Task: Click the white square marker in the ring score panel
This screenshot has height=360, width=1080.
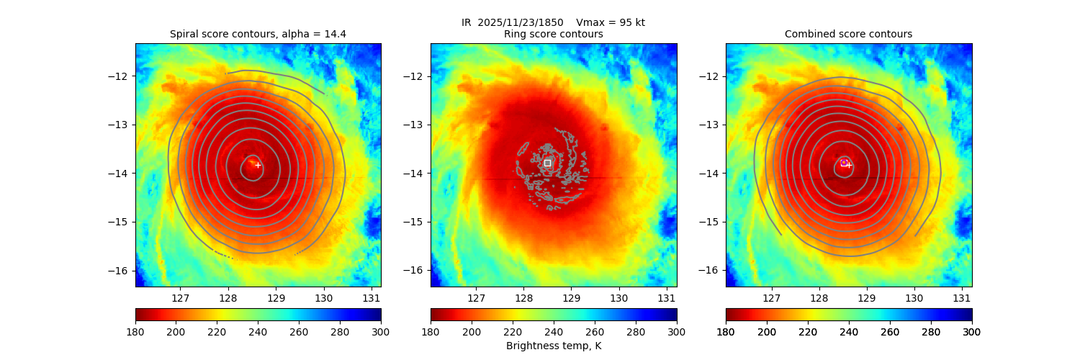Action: [x=547, y=163]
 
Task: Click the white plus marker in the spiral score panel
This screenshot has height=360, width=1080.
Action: [x=258, y=165]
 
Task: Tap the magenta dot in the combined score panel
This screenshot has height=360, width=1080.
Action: [x=844, y=162]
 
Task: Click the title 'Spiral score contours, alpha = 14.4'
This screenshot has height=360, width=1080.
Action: [x=258, y=34]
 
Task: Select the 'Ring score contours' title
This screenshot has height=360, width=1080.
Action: [x=553, y=34]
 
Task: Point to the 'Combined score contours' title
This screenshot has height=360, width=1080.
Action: [x=848, y=34]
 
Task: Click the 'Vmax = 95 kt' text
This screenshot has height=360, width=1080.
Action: [x=611, y=22]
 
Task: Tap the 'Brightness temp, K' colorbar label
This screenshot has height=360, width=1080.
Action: [x=553, y=346]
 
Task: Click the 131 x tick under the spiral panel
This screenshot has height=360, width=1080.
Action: [x=372, y=297]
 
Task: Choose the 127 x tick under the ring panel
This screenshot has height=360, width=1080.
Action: [x=476, y=297]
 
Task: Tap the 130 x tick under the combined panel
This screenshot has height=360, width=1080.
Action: [x=914, y=297]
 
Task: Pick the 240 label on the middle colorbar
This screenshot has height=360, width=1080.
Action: [x=553, y=331]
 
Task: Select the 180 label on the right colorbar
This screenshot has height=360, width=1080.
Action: [x=726, y=331]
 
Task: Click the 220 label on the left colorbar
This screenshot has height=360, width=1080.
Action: [x=217, y=331]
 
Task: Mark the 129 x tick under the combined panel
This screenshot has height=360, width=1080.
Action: [x=866, y=297]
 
